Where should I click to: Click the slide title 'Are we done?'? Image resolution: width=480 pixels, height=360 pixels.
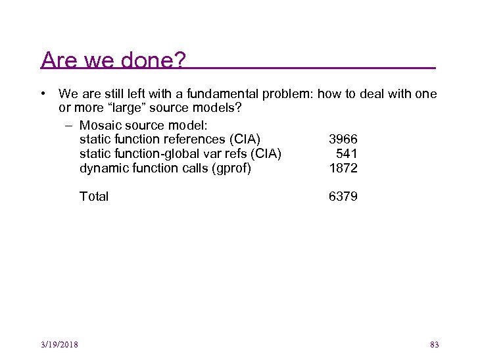[113, 61]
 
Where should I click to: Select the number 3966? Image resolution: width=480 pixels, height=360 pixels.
[343, 140]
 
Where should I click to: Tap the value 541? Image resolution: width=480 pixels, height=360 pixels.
[347, 154]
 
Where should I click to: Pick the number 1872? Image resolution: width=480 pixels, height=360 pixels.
[343, 168]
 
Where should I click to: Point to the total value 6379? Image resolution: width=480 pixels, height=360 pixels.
[343, 197]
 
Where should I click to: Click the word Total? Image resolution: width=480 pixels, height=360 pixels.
[94, 197]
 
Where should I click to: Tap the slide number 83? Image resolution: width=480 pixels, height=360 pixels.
[434, 345]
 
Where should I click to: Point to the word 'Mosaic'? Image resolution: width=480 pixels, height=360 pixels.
[100, 125]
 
